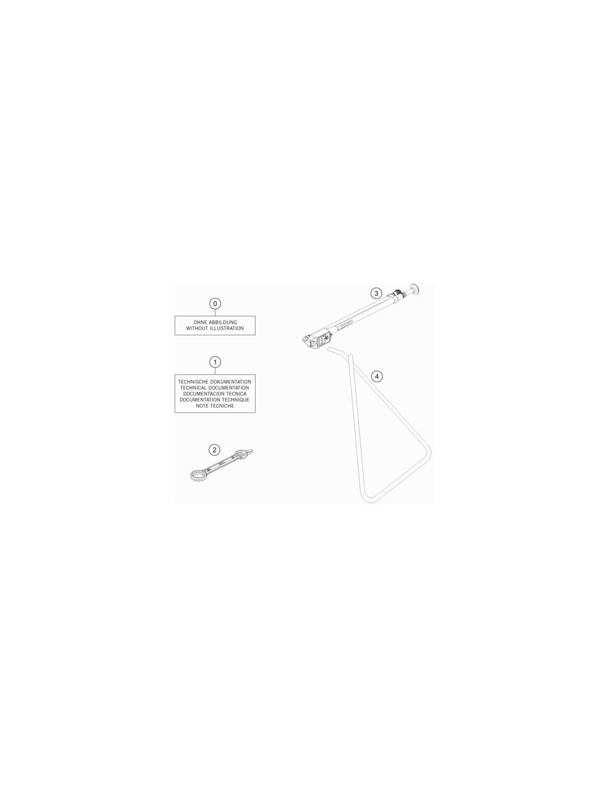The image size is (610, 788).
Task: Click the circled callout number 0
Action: (x=215, y=304)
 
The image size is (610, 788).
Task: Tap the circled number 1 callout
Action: (x=215, y=362)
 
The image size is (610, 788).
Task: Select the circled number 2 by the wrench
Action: (x=214, y=450)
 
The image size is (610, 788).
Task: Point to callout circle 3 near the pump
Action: (x=376, y=293)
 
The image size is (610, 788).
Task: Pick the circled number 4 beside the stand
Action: (x=377, y=376)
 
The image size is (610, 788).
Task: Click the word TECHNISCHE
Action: (x=194, y=382)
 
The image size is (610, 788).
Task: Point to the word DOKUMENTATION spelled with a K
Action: (x=231, y=382)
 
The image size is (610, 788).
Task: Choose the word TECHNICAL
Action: (x=194, y=388)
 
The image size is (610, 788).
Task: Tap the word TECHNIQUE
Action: (x=236, y=400)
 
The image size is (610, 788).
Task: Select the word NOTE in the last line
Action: (x=202, y=406)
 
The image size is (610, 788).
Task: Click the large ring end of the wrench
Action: (x=199, y=475)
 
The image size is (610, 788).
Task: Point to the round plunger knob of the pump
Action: (x=415, y=289)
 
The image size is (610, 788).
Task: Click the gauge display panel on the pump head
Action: (x=323, y=339)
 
